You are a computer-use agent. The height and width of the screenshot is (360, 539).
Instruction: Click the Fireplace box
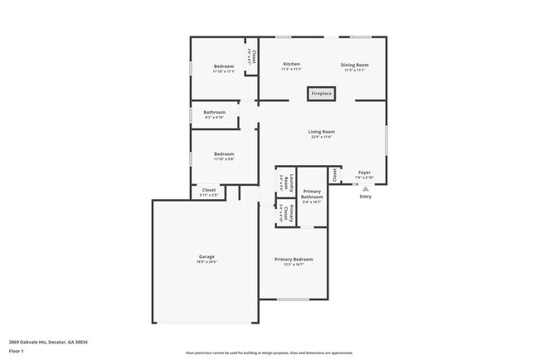[x=322, y=94]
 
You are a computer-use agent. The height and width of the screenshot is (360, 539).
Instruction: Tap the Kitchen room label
[x=291, y=65]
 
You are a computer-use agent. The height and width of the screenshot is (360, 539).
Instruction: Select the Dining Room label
[x=355, y=65]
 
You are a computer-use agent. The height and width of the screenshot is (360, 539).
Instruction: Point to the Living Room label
[x=321, y=131]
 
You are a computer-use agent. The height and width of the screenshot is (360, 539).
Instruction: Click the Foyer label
[x=365, y=172]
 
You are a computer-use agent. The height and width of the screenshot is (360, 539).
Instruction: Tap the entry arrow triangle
[x=365, y=188]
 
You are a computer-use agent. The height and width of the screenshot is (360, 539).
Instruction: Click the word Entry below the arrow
[x=365, y=197]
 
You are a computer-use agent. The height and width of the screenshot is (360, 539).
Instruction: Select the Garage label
[x=206, y=256]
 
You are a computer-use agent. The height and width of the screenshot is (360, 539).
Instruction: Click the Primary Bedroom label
[x=294, y=259]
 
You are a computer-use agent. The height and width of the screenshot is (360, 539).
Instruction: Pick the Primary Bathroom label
[x=312, y=193]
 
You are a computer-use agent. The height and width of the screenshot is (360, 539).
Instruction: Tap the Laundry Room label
[x=282, y=182]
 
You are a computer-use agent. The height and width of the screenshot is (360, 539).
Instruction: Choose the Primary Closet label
[x=282, y=212]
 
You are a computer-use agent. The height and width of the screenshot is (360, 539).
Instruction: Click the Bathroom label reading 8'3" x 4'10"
[x=214, y=112]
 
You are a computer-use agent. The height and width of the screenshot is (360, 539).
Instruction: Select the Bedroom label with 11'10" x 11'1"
[x=224, y=66]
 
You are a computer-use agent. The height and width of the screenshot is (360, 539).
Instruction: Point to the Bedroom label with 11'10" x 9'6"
[x=224, y=153]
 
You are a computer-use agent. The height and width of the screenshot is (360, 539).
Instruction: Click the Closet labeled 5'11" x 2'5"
[x=209, y=190]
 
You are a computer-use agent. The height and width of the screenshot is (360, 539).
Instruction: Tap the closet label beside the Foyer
[x=335, y=175]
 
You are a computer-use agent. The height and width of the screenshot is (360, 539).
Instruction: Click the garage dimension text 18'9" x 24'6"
[x=206, y=262]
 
